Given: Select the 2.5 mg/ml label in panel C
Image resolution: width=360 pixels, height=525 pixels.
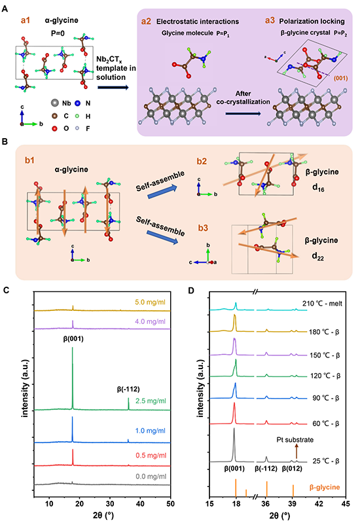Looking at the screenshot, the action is pyautogui.click(x=151, y=401).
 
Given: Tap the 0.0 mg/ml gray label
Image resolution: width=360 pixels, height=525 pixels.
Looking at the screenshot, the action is pyautogui.click(x=151, y=477).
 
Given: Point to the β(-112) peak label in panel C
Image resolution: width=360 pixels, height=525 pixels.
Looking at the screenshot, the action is pyautogui.click(x=128, y=389).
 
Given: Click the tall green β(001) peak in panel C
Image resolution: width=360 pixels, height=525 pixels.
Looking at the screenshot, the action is pyautogui.click(x=73, y=378).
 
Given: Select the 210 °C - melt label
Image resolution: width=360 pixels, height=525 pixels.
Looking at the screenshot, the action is pyautogui.click(x=322, y=303).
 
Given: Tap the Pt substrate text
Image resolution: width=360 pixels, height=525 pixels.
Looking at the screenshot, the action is pyautogui.click(x=295, y=440).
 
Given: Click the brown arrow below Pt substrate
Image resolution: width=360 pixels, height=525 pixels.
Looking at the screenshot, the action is pyautogui.click(x=296, y=451).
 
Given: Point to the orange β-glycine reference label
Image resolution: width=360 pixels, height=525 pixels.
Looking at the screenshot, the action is pyautogui.click(x=325, y=487).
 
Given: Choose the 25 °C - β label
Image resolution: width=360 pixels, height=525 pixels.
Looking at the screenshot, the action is pyautogui.click(x=326, y=461).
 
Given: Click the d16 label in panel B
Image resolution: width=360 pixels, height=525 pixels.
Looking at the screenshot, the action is pyautogui.click(x=318, y=188).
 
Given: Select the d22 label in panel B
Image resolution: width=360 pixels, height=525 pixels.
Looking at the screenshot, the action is pyautogui.click(x=318, y=257).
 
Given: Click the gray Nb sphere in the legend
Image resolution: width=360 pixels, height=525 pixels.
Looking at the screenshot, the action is pyautogui.click(x=55, y=103).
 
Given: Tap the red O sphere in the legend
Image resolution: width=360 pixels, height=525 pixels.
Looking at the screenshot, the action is pyautogui.click(x=54, y=128).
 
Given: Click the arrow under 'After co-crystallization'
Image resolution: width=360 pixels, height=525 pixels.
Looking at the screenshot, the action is pyautogui.click(x=243, y=114).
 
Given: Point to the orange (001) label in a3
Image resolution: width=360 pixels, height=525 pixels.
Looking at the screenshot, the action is pyautogui.click(x=340, y=79).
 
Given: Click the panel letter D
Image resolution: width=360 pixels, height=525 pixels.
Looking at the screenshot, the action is pyautogui.click(x=191, y=290).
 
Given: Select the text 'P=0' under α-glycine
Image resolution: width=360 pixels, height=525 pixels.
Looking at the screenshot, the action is pyautogui.click(x=58, y=33).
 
